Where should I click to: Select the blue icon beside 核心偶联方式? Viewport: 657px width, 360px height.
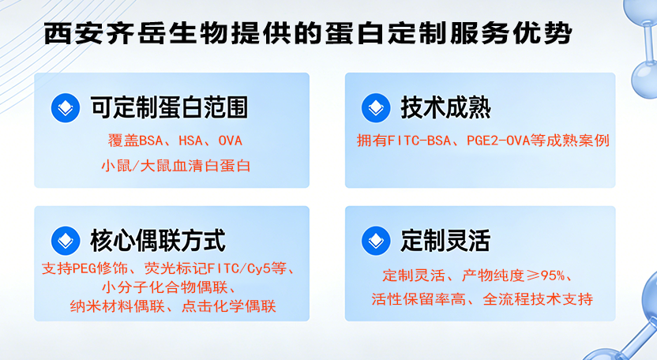point(66,238)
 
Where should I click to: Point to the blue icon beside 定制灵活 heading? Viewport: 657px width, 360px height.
point(376,238)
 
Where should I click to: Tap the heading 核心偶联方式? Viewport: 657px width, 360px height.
point(157,238)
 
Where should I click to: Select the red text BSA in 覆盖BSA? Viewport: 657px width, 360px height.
point(149,141)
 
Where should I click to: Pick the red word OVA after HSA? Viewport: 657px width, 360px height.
point(230,141)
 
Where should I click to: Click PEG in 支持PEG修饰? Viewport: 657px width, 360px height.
point(83,268)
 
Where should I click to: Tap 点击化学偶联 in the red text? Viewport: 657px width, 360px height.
point(236,306)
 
